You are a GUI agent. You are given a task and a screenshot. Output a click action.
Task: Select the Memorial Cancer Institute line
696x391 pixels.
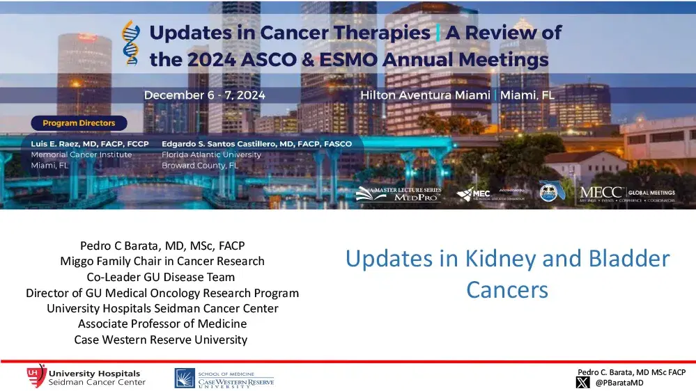coord(82,154)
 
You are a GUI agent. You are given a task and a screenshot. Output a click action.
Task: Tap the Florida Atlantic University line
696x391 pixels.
coord(211,154)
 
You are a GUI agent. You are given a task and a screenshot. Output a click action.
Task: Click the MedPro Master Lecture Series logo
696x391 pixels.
coord(399,194)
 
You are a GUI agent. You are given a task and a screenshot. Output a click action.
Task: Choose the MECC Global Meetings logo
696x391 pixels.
coord(626,193)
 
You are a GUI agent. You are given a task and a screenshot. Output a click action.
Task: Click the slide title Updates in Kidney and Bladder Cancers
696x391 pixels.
coord(507,273)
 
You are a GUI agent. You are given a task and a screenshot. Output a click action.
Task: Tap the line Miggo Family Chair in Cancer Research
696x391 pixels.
coord(162,262)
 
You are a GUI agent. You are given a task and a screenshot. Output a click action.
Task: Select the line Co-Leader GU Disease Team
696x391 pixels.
coord(162,277)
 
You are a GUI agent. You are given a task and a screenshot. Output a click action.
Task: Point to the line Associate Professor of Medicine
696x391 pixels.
coord(162,324)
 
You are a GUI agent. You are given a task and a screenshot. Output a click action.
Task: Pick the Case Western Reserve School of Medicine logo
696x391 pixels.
coord(224,378)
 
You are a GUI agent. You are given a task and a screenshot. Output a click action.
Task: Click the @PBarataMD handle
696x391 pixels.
coord(619,383)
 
